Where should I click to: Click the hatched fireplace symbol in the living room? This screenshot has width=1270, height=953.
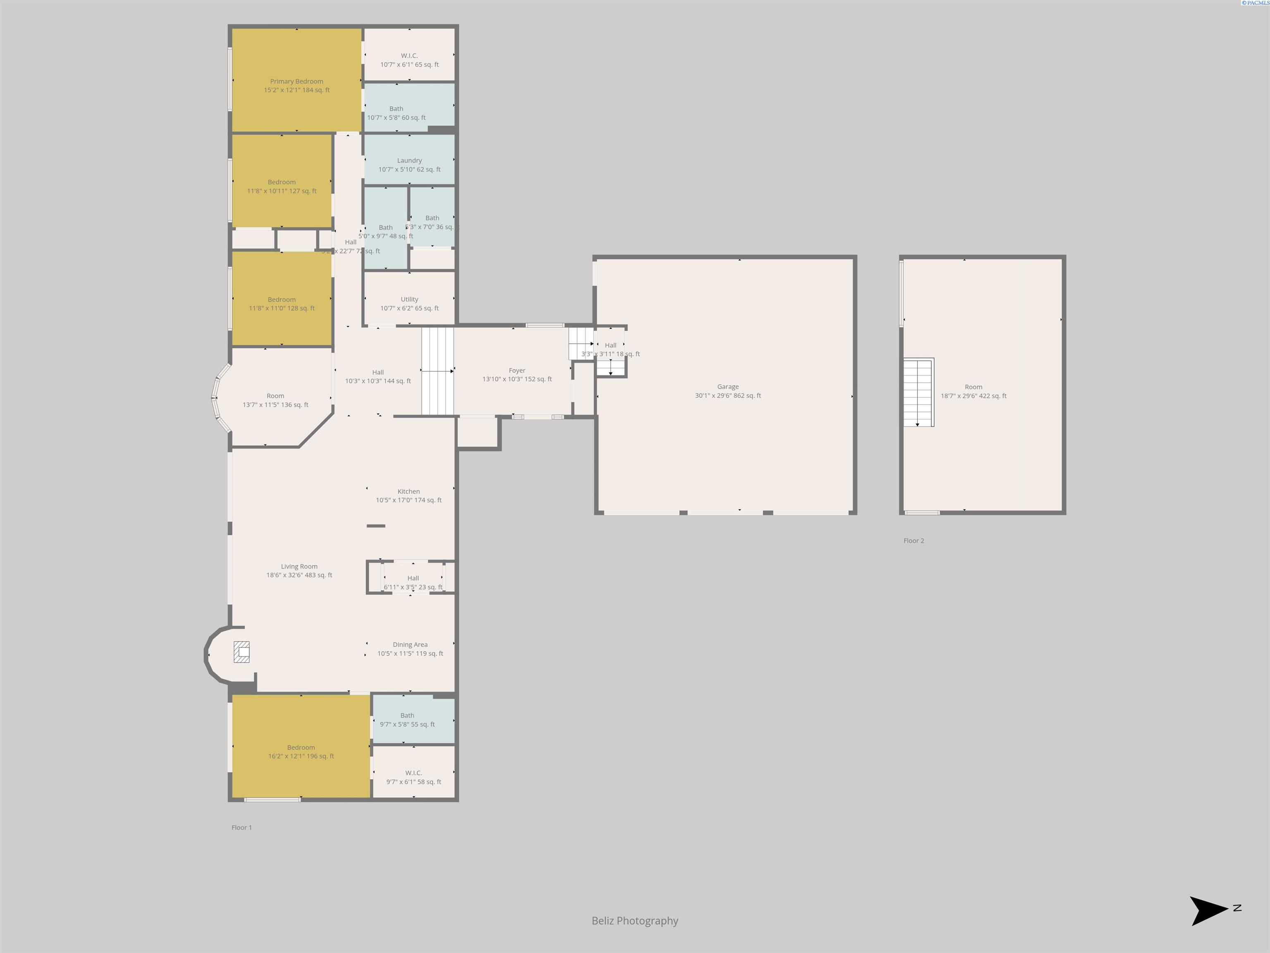[241, 652]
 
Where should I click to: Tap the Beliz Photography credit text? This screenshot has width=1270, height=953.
[635, 921]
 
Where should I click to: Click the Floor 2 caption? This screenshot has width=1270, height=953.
[914, 541]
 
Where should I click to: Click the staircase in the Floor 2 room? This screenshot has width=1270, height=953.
[918, 393]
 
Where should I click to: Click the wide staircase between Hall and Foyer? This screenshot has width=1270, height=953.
[437, 371]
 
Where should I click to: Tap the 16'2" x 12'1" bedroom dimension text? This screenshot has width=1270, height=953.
[301, 756]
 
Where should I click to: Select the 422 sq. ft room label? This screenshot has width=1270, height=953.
[973, 392]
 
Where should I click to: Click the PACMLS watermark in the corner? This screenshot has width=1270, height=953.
[1255, 3]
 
